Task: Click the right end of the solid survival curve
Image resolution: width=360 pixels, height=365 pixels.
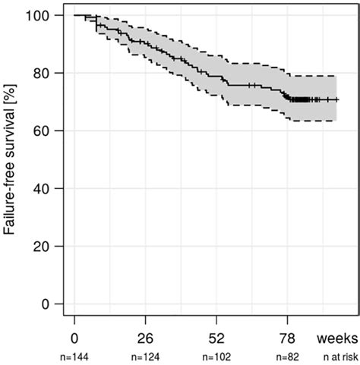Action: click(337, 99)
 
